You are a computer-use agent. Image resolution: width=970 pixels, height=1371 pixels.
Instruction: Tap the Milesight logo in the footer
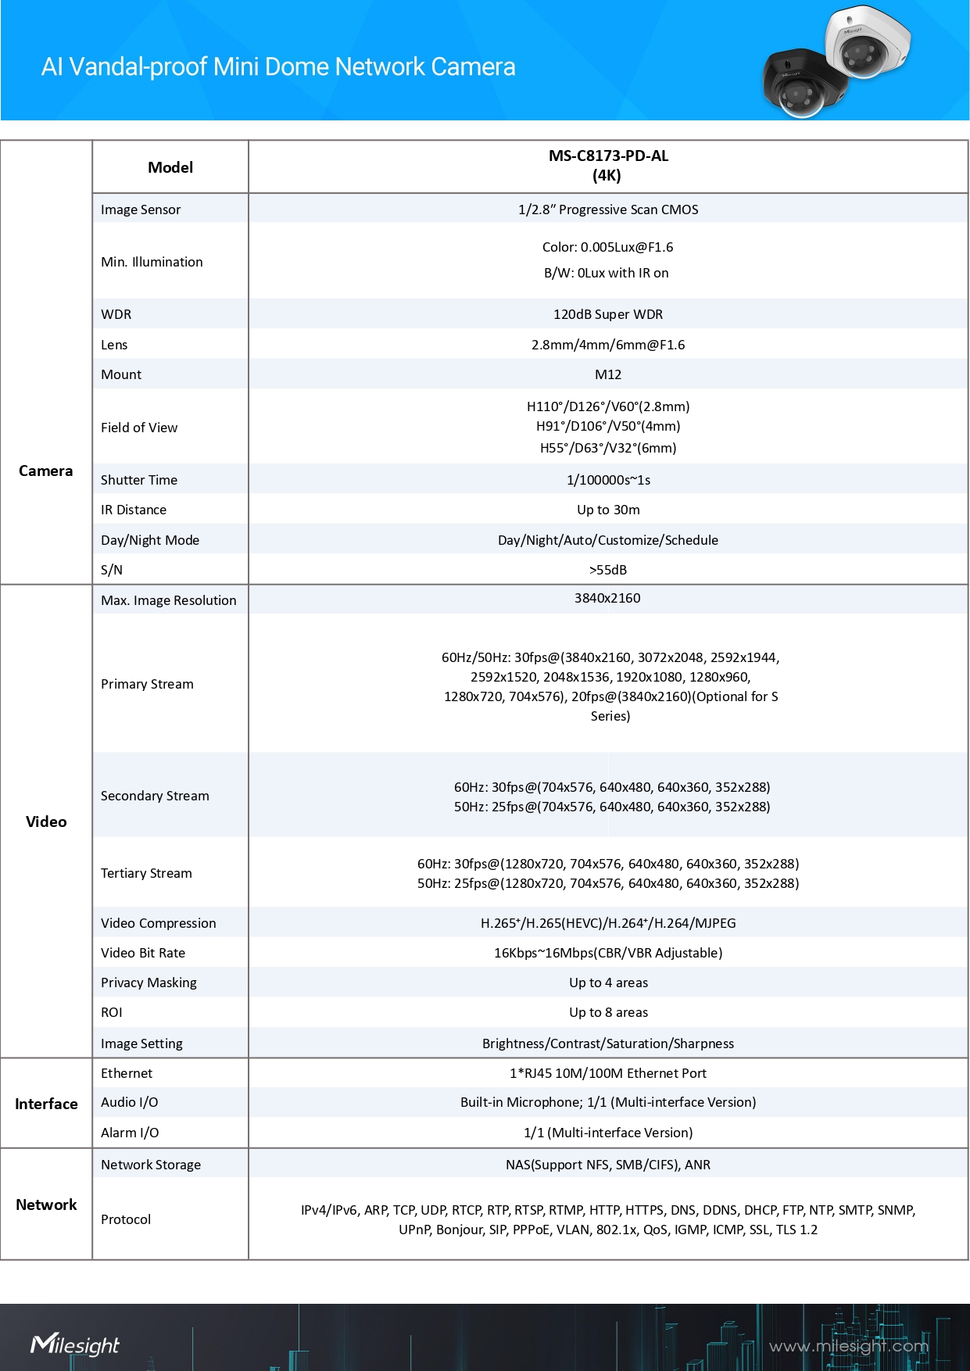75,1344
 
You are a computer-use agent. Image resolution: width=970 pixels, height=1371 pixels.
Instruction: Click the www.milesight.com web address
848,1346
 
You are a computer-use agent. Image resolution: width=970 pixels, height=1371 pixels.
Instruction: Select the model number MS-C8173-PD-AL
608,156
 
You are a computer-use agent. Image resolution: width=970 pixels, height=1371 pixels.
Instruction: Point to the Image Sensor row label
141,209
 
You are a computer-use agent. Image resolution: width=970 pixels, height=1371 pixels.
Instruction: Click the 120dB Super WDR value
608,314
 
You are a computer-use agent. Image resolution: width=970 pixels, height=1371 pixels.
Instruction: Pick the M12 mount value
608,374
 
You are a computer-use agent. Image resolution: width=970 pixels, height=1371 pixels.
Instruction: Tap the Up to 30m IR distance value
608,510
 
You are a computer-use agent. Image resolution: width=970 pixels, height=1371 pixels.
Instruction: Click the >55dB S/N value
608,570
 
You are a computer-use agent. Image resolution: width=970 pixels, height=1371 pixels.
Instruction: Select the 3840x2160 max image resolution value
607,598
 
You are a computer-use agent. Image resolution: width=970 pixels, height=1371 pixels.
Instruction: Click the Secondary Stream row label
155,796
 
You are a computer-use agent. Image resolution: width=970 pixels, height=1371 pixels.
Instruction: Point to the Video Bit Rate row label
143,953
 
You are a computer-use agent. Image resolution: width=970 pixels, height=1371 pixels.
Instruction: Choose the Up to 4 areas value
608,983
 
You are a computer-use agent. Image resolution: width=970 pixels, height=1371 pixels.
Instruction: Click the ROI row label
112,1012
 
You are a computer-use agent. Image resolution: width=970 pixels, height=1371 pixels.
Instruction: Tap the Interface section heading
46,1104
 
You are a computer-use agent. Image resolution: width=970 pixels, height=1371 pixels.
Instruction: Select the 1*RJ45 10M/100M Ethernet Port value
608,1073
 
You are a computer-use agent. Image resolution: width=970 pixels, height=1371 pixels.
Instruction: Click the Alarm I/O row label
130,1133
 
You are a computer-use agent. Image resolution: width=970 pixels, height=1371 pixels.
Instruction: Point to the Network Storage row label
151,1165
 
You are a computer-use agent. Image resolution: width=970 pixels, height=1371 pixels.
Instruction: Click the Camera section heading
46,471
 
